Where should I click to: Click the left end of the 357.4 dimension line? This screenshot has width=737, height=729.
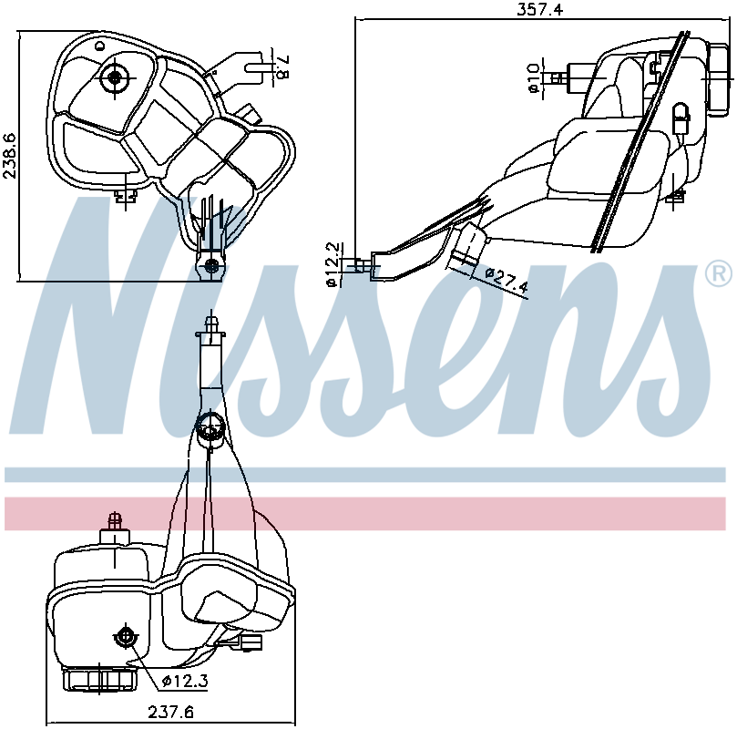click(356, 19)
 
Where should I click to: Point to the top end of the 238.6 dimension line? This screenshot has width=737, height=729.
click(19, 32)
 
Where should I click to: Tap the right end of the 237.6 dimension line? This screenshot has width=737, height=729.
click(295, 724)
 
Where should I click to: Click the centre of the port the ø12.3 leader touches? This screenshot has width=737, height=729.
click(125, 636)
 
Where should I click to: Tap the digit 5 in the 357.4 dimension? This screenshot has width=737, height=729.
click(532, 9)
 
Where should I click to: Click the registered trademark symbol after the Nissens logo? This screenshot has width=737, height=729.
click(719, 273)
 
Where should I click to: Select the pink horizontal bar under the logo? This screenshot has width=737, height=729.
click(365, 514)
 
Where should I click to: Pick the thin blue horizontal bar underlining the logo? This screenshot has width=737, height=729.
click(365, 475)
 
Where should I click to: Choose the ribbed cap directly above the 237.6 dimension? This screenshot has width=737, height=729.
click(100, 680)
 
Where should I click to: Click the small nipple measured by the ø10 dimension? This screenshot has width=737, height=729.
click(558, 78)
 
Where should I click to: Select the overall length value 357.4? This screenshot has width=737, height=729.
click(539, 9)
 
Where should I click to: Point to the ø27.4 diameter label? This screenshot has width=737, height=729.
click(507, 280)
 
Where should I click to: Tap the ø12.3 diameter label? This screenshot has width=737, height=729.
click(185, 681)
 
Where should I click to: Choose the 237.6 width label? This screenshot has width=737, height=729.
click(170, 713)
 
